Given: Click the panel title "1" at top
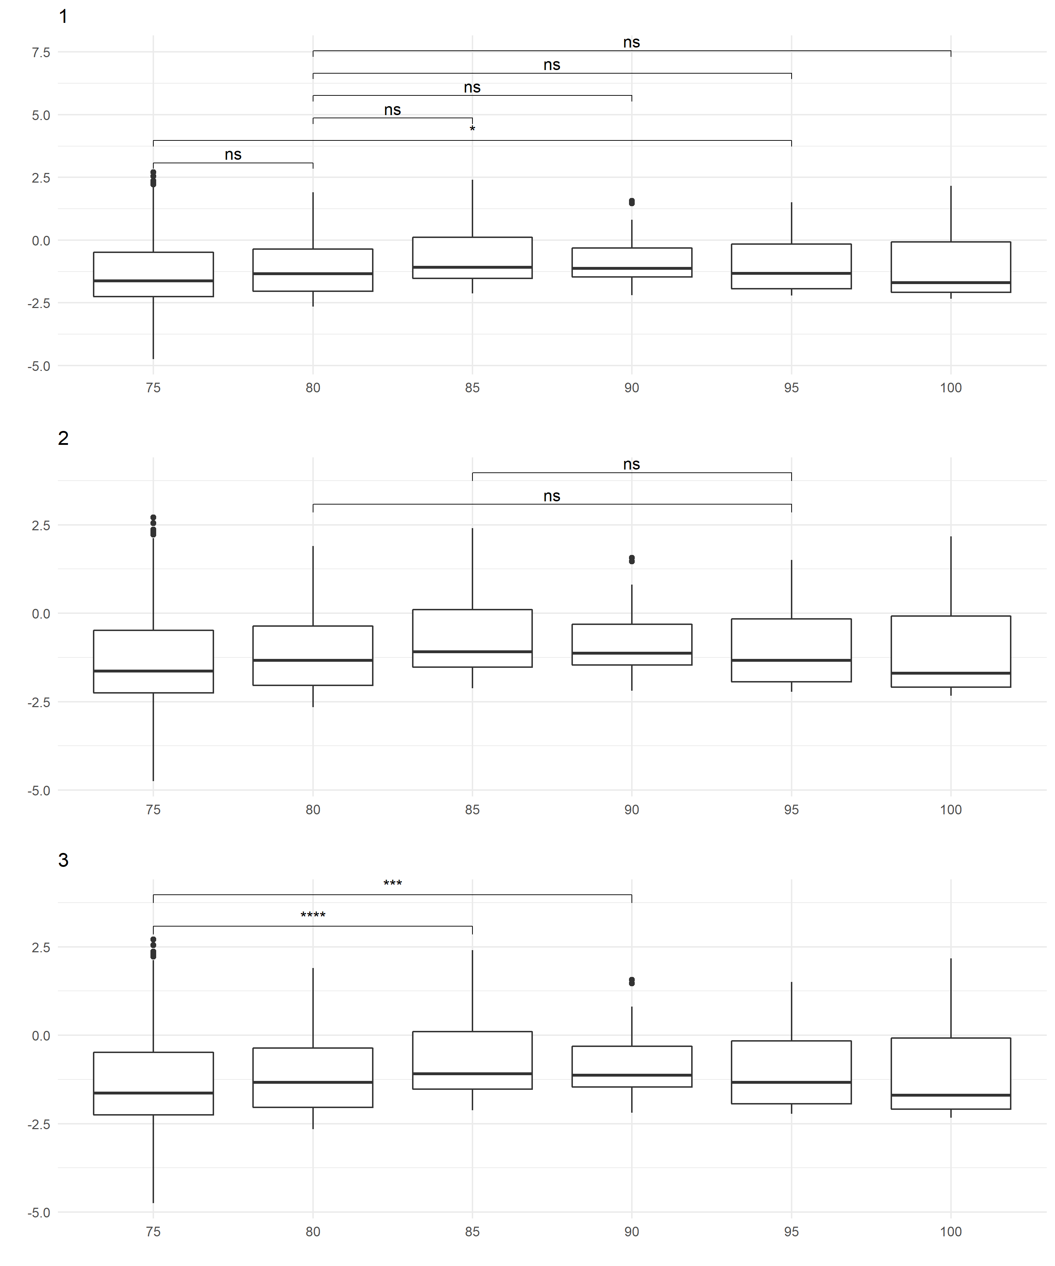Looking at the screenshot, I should pos(63,17).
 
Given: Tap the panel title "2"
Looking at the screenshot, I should pos(63,438).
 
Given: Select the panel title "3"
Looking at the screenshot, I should pos(63,860).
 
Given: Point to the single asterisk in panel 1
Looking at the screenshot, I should pos(472,129).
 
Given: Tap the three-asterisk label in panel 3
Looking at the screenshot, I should pos(392,884).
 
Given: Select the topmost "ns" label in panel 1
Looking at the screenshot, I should pos(631,42).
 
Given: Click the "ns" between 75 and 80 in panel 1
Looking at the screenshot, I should pos(233,155).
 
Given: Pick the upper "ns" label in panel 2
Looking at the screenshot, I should pos(631,464).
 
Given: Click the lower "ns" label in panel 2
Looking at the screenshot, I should pos(551,496).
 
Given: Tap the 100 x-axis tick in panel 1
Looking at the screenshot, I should pos(951,388).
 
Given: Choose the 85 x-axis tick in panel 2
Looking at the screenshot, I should pos(472,810).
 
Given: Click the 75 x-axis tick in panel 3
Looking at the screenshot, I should pos(153,1232).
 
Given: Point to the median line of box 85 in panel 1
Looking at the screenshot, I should pos(472,267).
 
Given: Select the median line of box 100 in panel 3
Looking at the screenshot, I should pos(951,1095).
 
